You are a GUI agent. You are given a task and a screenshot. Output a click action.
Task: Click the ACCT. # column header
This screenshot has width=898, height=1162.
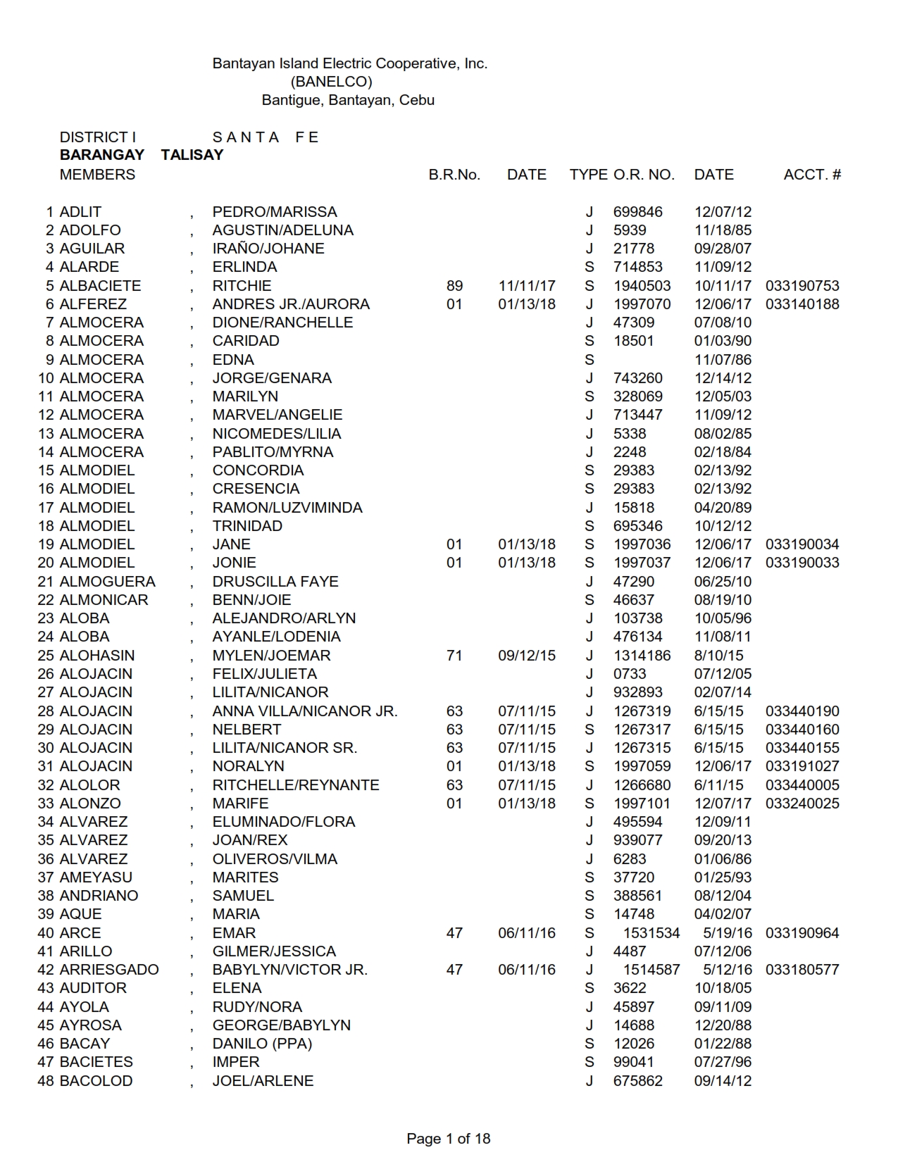pyautogui.click(x=812, y=175)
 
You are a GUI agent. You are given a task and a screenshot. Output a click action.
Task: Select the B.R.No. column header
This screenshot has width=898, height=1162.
pyautogui.click(x=454, y=175)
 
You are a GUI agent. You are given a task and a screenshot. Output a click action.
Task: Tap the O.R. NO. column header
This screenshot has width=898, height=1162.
pyautogui.click(x=644, y=175)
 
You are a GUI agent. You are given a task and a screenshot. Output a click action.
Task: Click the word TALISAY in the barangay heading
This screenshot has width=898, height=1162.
pyautogui.click(x=192, y=156)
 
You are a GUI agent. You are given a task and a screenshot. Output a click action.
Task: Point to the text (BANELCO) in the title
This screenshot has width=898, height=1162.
pyautogui.click(x=331, y=82)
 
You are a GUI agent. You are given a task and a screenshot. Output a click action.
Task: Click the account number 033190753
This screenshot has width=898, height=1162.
pyautogui.click(x=802, y=286)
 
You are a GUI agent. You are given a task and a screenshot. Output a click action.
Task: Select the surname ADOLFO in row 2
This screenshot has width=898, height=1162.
pyautogui.click(x=90, y=230)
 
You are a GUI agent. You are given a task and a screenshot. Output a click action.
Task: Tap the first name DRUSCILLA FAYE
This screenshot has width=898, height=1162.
pyautogui.click(x=275, y=582)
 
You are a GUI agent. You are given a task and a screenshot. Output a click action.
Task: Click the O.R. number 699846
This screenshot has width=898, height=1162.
pyautogui.click(x=637, y=212)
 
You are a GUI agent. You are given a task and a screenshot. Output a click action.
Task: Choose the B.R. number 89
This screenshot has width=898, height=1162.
pyautogui.click(x=454, y=286)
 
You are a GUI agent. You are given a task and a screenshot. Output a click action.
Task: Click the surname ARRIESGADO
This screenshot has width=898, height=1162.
pyautogui.click(x=109, y=970)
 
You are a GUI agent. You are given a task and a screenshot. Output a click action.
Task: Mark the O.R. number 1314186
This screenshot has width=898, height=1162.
pyautogui.click(x=642, y=656)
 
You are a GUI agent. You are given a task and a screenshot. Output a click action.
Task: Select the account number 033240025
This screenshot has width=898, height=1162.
pyautogui.click(x=802, y=804)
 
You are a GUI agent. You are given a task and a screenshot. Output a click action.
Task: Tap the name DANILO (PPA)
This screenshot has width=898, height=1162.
pyautogui.click(x=262, y=1044)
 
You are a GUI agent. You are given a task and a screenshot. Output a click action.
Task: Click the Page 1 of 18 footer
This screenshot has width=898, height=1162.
pyautogui.click(x=448, y=1139)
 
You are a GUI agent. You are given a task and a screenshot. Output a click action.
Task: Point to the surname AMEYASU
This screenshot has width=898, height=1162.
pyautogui.click(x=96, y=877)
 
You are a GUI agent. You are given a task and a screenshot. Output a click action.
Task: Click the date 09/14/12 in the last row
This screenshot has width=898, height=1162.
pyautogui.click(x=723, y=1081)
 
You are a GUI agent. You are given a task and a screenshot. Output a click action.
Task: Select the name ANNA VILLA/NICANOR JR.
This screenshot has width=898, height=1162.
pyautogui.click(x=305, y=711)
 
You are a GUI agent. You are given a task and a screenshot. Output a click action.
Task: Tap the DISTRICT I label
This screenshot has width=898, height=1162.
pyautogui.click(x=97, y=137)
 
